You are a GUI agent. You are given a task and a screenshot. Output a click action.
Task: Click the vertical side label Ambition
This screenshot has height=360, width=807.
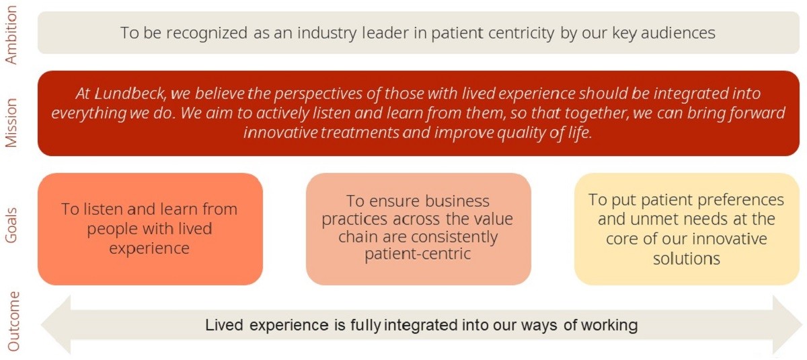pyautogui.click(x=11, y=35)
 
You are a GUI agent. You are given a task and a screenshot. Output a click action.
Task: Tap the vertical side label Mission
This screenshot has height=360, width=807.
pyautogui.click(x=11, y=123)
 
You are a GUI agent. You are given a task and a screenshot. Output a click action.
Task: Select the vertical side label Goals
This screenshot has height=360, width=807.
pyautogui.click(x=11, y=225)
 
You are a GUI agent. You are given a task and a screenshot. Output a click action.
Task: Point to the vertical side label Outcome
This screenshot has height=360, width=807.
pyautogui.click(x=13, y=321)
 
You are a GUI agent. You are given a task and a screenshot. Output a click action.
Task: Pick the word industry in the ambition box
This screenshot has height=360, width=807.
pyautogui.click(x=327, y=33)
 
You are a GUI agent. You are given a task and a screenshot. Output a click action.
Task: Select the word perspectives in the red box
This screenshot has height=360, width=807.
pyautogui.click(x=317, y=94)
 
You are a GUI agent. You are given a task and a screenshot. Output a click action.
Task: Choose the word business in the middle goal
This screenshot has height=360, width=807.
pyautogui.click(x=457, y=201)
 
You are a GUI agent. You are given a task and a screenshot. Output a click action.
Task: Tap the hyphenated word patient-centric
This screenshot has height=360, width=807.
pyautogui.click(x=418, y=254)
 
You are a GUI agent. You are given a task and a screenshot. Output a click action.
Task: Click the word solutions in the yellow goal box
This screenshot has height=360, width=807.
pyautogui.click(x=687, y=259)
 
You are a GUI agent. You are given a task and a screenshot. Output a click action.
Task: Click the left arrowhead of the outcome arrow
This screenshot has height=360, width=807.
pyautogui.click(x=56, y=325)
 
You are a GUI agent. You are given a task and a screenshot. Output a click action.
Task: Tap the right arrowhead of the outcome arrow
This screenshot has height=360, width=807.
pyautogui.click(x=787, y=325)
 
